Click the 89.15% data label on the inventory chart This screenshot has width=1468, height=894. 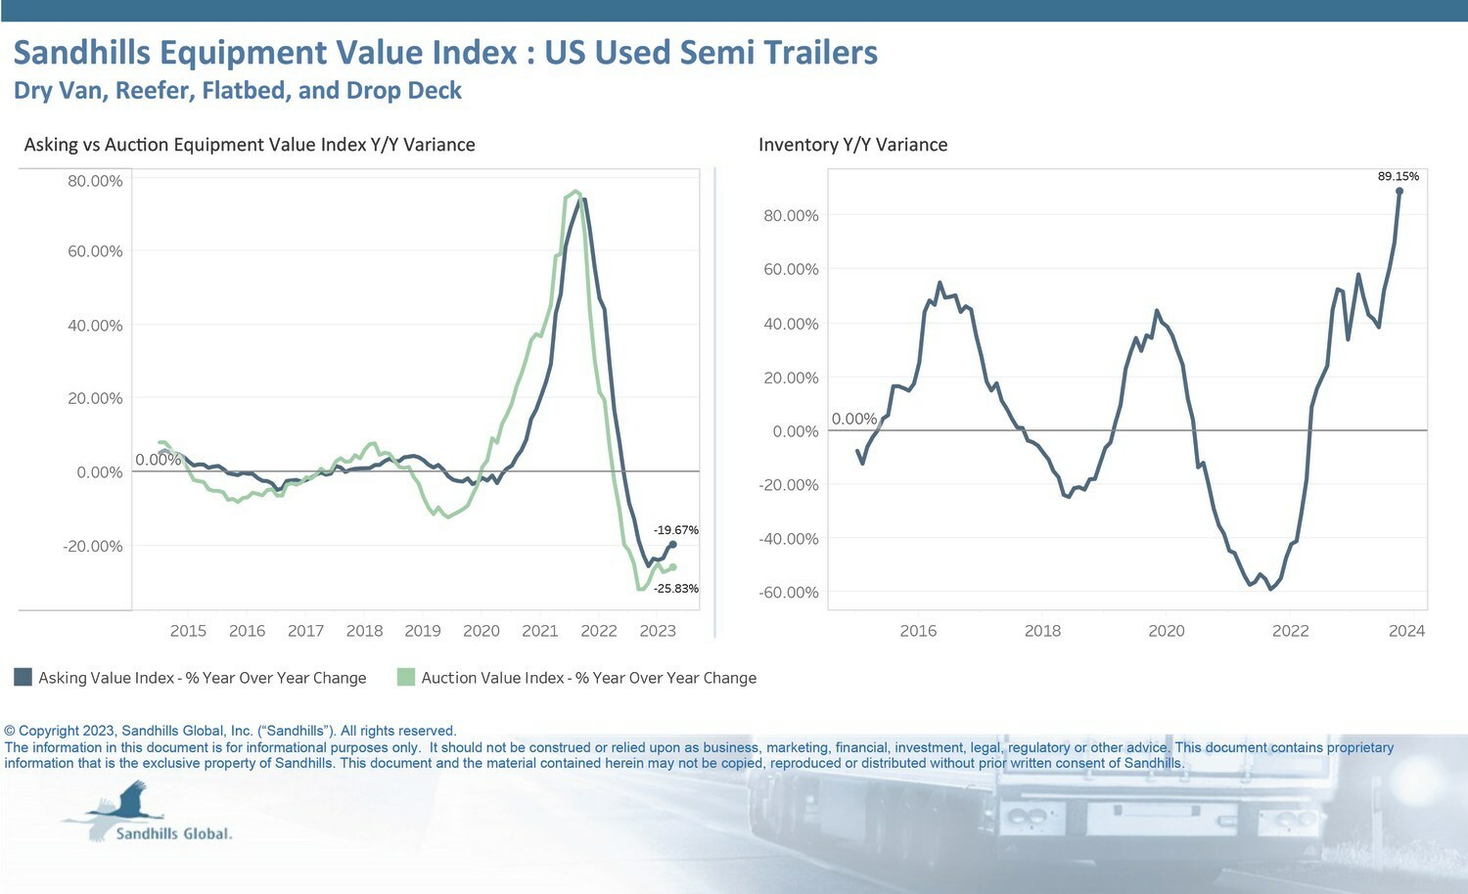click(x=1398, y=177)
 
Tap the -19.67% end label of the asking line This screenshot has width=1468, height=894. click(x=675, y=530)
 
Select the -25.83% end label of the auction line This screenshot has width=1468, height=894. click(x=675, y=589)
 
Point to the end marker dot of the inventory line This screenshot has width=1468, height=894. click(x=1399, y=192)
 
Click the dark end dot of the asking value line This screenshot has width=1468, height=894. click(x=672, y=544)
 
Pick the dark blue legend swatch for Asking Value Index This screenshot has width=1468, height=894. click(x=23, y=677)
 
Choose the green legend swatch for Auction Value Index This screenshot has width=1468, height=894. click(x=406, y=677)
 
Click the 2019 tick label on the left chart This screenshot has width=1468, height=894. click(x=423, y=631)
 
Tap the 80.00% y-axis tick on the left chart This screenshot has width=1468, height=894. click(x=95, y=181)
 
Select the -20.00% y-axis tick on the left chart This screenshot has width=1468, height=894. click(x=93, y=546)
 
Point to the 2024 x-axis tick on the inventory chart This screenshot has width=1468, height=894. click(x=1406, y=631)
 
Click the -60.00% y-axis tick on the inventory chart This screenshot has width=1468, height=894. click(x=789, y=593)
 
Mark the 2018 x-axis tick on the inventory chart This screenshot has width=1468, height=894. click(x=1042, y=631)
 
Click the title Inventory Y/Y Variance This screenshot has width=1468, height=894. click(x=852, y=145)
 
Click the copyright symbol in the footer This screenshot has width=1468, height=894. click(x=10, y=731)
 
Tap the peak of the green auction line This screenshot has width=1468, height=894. click(x=574, y=192)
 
